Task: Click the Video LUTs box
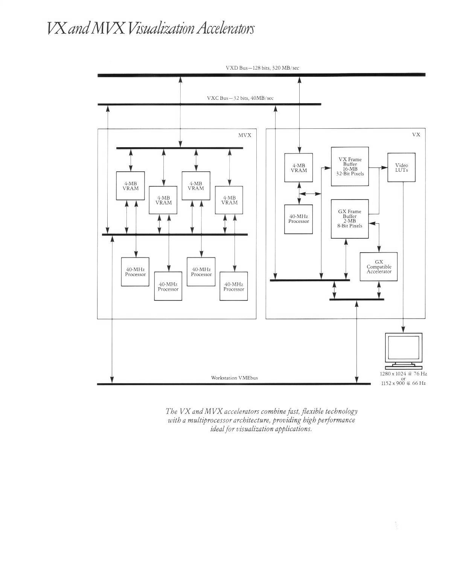[401, 167]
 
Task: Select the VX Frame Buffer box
[350, 166]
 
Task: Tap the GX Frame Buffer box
[350, 219]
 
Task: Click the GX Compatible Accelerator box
[379, 267]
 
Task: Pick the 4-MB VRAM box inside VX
[299, 168]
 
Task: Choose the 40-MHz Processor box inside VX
[299, 219]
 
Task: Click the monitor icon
[404, 351]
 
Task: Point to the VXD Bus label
[262, 68]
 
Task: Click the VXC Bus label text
[240, 98]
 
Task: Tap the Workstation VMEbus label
[234, 378]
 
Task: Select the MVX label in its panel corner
[245, 135]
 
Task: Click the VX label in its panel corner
[416, 134]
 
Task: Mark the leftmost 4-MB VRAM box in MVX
[130, 186]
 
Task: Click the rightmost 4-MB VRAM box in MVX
[229, 200]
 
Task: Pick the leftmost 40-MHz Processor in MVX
[135, 272]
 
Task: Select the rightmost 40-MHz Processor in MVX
[234, 286]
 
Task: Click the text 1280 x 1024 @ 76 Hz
[403, 374]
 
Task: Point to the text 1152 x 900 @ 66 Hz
[403, 383]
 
